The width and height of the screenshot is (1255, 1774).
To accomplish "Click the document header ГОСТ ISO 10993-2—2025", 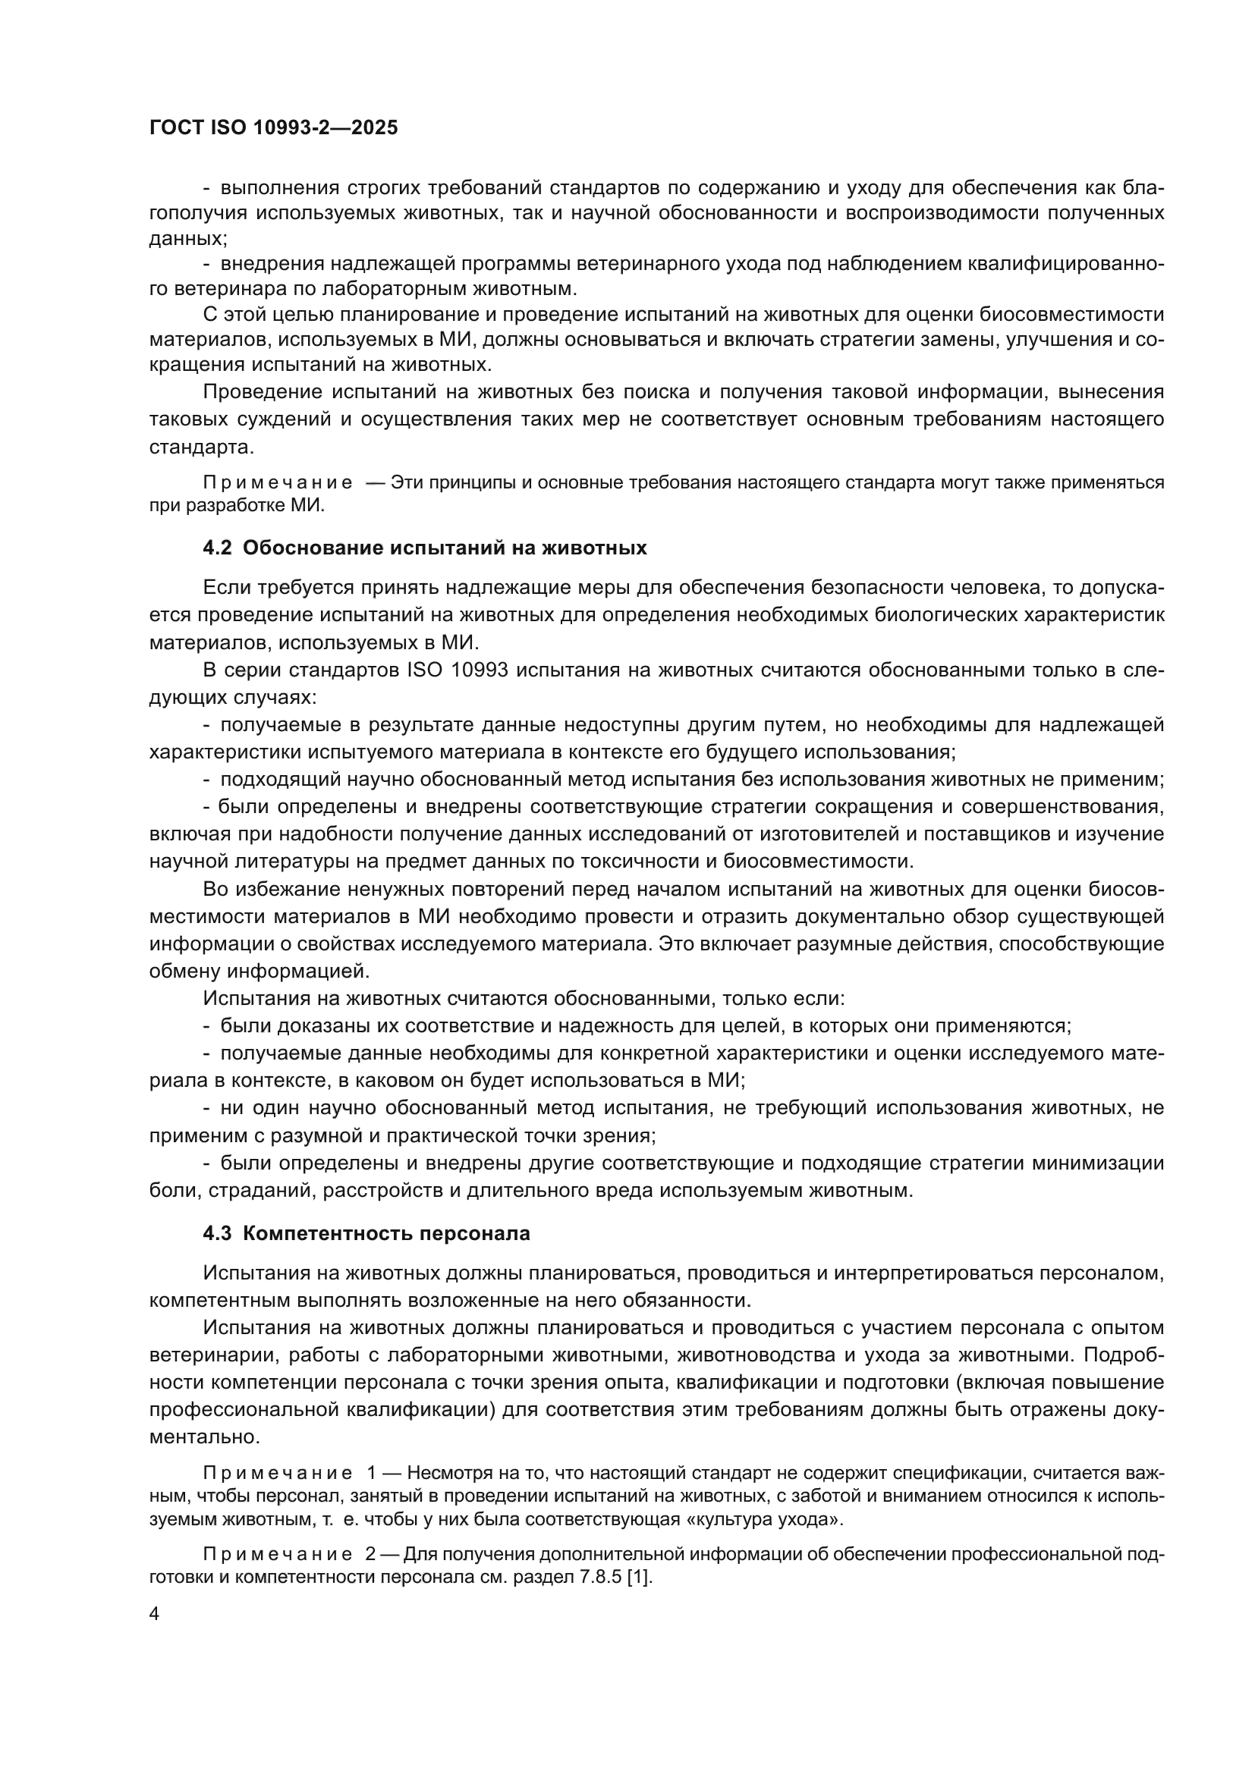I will [273, 127].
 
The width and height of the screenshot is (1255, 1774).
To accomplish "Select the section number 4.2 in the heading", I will [217, 548].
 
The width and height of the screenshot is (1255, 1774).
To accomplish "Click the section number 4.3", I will [217, 1233].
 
